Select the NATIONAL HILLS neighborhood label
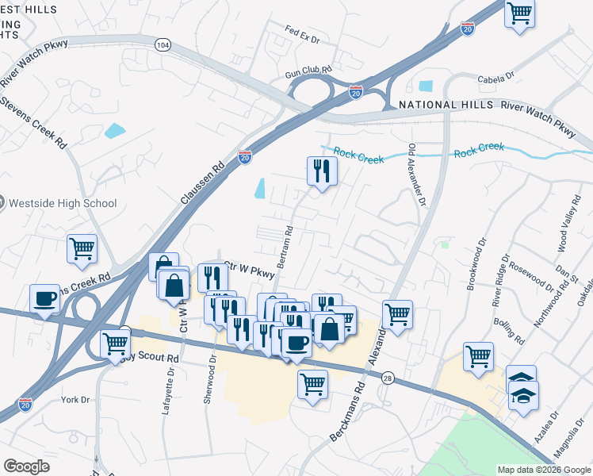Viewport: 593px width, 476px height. (439, 105)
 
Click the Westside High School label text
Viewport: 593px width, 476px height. (63, 204)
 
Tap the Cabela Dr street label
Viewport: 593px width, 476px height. (496, 79)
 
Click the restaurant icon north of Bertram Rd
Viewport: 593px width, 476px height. (322, 171)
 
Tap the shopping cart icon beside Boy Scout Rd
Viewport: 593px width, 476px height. (116, 344)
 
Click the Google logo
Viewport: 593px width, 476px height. (26, 466)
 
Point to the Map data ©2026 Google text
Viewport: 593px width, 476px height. (543, 470)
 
